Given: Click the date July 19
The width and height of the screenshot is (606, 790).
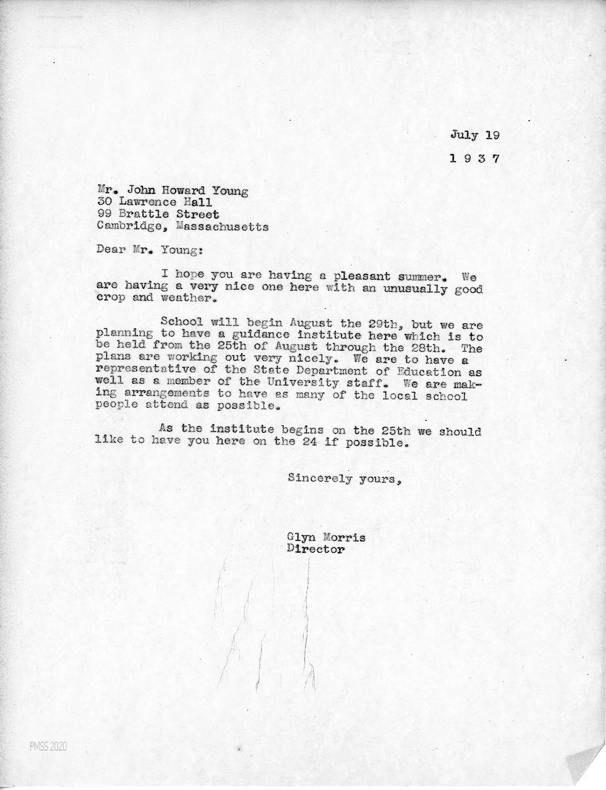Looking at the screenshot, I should click(474, 135).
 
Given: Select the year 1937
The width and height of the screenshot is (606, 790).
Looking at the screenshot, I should click(474, 158).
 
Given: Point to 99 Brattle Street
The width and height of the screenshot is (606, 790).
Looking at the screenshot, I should click(159, 215).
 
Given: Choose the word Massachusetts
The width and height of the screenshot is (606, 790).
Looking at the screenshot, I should click(223, 227).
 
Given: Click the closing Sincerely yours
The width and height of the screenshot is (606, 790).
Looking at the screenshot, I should click(345, 478).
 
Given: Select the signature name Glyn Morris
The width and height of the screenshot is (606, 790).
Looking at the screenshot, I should click(326, 537).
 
